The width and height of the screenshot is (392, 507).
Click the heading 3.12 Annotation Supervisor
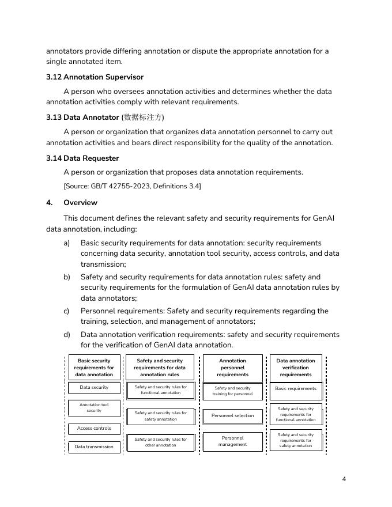point(95,77)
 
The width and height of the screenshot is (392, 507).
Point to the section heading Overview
point(80,203)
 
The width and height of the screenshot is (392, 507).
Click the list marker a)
point(67,243)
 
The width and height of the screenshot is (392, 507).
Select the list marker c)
point(67,311)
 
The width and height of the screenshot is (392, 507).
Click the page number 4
point(344,479)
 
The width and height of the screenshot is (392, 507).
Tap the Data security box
point(94,388)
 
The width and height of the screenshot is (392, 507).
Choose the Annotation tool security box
point(94,408)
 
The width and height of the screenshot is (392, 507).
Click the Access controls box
point(94,429)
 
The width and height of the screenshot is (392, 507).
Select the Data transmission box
point(94,447)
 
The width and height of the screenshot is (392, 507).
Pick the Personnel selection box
point(232,415)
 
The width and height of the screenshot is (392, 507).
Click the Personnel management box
point(232,441)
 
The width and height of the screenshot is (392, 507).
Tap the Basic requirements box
point(296,389)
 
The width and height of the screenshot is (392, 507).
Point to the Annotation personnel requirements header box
point(232,368)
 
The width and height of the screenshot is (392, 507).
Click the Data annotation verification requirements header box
point(296,368)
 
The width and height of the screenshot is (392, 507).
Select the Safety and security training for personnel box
point(232,391)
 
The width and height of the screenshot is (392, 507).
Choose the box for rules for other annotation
point(160,442)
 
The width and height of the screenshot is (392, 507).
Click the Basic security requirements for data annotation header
point(94,368)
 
